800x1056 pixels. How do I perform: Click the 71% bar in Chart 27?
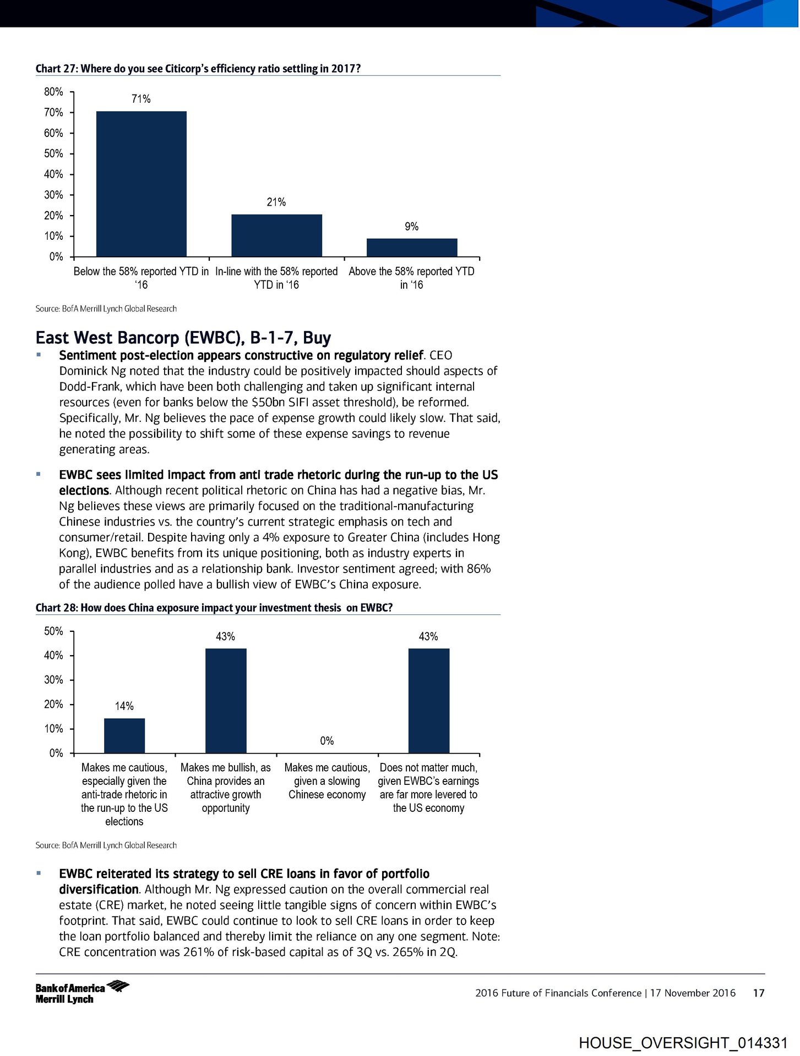[x=141, y=184]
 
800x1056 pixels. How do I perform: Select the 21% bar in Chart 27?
[x=276, y=235]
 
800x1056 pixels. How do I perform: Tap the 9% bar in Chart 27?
[x=412, y=248]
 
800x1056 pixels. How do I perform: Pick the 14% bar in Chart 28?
[x=124, y=735]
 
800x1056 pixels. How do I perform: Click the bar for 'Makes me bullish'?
[x=226, y=701]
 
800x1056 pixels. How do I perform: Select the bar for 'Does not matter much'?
[x=428, y=701]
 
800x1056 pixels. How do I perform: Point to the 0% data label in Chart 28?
[x=327, y=741]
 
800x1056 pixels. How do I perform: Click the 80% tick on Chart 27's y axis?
[x=54, y=92]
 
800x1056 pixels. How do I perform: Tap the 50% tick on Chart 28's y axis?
[x=54, y=631]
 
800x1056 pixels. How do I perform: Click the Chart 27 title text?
[x=198, y=69]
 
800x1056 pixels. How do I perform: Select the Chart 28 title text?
[x=214, y=608]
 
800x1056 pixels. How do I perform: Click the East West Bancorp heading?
[x=183, y=337]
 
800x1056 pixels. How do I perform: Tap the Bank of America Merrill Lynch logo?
[x=81, y=993]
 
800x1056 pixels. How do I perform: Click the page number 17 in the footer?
[x=759, y=993]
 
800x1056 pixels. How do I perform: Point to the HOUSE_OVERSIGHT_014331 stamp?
[x=683, y=1043]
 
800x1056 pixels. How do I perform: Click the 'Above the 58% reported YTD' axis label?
[x=411, y=278]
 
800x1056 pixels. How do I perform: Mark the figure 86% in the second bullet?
[x=478, y=569]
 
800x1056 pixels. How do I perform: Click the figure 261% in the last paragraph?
[x=198, y=952]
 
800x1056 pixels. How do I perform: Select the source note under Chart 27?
[x=106, y=309]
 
